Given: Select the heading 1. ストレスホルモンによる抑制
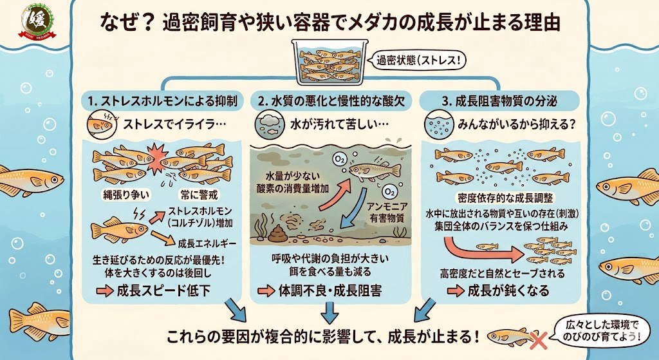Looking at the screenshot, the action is (163, 101).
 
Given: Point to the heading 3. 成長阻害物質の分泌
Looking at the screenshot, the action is (499, 101).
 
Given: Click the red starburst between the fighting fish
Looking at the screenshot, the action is (158, 158).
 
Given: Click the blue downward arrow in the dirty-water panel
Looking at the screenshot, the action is (353, 209).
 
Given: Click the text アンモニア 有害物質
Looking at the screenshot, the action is (387, 212).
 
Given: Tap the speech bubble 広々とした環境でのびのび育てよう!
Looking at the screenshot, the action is (602, 330).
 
